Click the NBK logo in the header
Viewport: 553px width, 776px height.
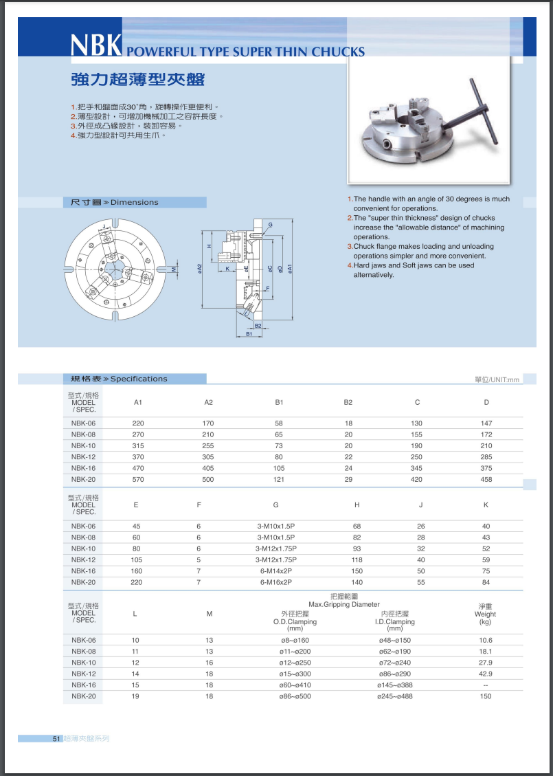pos(96,45)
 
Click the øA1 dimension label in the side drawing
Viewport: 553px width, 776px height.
pos(291,269)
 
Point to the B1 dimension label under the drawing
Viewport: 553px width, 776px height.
pos(250,334)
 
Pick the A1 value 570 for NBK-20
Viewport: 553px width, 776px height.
pos(138,479)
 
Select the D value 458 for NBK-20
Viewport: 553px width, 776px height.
pos(486,479)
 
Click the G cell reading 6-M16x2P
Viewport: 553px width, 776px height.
pos(276,582)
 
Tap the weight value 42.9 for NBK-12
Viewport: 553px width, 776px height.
pos(486,674)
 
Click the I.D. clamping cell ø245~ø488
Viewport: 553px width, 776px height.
pos(395,696)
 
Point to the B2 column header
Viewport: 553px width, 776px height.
pos(348,402)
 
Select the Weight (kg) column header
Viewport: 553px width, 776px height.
pos(485,614)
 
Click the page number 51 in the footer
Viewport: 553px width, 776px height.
pos(57,739)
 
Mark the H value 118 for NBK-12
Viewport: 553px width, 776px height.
pos(357,559)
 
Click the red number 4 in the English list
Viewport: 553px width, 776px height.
pos(350,265)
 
